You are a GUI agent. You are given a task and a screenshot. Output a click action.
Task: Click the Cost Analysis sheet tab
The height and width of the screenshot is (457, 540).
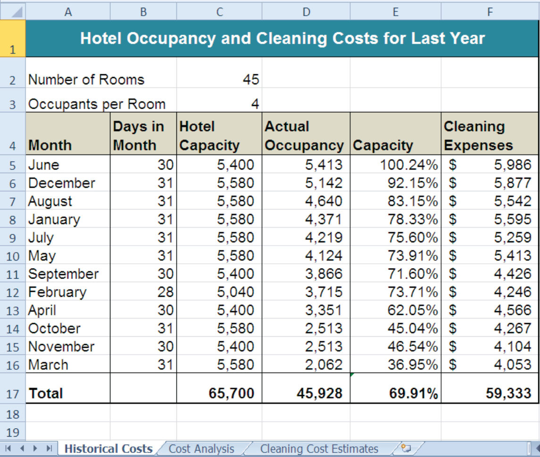(201, 449)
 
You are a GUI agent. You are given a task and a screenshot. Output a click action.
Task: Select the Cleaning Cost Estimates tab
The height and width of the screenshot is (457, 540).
(319, 449)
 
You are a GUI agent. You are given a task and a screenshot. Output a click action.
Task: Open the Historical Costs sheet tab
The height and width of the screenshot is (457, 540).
(108, 449)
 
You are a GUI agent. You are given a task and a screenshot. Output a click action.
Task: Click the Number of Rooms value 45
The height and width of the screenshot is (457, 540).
(250, 80)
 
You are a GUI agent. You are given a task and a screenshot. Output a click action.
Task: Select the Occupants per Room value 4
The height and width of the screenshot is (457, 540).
(255, 104)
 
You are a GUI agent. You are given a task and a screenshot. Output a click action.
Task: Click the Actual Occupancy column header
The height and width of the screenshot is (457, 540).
(304, 136)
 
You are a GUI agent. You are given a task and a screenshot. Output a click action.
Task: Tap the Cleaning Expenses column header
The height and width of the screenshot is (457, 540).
(478, 136)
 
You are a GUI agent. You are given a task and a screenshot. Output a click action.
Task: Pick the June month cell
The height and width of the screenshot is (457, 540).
(44, 165)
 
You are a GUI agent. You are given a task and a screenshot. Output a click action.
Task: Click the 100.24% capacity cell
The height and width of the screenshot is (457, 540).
(408, 165)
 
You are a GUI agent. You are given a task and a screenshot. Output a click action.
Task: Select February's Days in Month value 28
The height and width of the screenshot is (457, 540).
(165, 292)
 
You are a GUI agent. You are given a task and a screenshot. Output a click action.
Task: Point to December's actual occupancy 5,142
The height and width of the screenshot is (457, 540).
(324, 183)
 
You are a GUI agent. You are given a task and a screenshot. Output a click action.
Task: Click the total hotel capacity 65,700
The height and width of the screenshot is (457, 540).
(231, 393)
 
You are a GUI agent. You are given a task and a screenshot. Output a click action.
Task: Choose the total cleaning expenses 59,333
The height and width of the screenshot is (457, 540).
(508, 393)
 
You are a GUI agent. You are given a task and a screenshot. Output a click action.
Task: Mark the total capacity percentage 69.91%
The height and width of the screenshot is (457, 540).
(414, 393)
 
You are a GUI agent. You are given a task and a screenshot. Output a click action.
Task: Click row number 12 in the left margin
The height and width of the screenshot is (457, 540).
(13, 293)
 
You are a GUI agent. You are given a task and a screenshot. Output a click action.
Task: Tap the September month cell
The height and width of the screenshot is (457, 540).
(63, 274)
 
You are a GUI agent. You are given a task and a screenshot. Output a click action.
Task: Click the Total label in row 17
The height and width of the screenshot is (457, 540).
(46, 393)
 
